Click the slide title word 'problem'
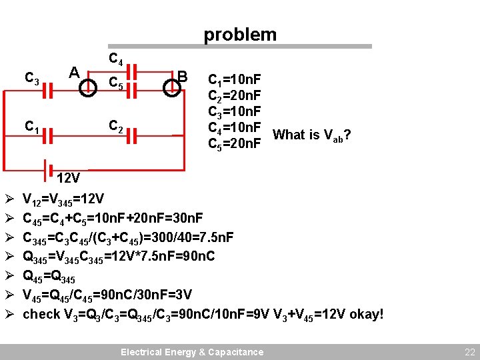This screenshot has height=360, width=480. [240, 34]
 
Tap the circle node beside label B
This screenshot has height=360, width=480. [171, 89]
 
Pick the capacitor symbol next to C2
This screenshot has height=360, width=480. [131, 135]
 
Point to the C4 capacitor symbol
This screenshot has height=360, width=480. [131, 71]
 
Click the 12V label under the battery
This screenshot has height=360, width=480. [69, 179]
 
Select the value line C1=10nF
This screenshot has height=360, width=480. [234, 82]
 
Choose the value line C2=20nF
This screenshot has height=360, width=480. [234, 97]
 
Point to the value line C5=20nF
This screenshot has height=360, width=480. [234, 143]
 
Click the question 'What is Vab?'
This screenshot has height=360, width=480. [312, 136]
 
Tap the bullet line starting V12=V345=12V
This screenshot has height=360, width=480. [63, 199]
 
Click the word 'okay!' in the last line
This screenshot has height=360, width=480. [366, 314]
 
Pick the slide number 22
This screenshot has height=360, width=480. [468, 351]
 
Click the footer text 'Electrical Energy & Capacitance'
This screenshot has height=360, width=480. [192, 352]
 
